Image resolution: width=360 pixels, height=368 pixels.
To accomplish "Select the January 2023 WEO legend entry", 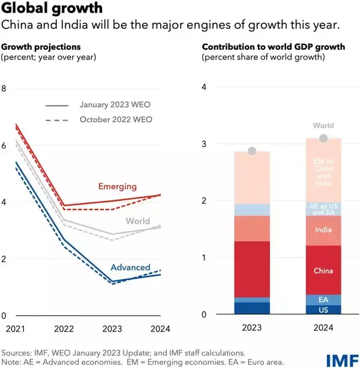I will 115,104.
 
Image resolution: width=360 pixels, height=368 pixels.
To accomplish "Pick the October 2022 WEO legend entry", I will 115,119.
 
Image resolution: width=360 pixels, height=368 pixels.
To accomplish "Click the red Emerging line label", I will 118,187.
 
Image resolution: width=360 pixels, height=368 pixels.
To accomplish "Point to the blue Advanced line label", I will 131,267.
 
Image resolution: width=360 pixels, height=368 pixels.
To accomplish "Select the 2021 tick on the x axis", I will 15,328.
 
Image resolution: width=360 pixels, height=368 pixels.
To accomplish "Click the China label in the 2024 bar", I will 323,271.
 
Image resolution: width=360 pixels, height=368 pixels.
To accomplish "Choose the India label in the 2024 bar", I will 323,229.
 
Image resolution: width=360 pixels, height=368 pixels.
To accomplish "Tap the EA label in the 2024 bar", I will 323,299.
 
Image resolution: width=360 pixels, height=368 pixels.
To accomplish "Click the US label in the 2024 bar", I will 323,310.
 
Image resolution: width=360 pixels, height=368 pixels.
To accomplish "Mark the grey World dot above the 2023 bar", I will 252,151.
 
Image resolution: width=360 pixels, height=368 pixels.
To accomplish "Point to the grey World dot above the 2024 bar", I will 323,139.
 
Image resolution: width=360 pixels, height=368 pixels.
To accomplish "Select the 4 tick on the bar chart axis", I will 204,86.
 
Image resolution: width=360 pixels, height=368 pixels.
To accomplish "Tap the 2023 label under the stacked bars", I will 252,329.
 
